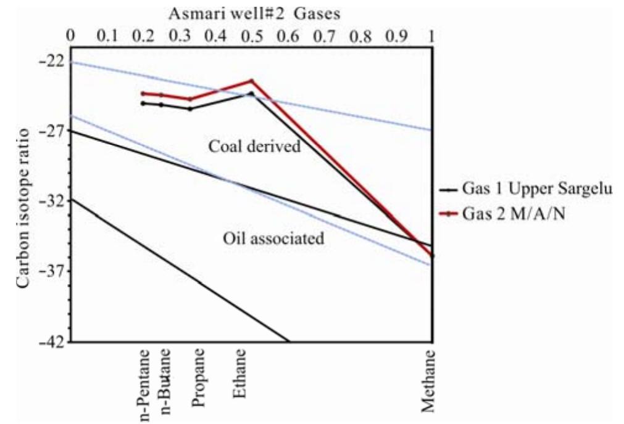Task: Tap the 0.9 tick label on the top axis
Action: [x=396, y=36]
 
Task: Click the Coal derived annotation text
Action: [x=254, y=147]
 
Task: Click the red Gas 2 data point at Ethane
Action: [x=251, y=81]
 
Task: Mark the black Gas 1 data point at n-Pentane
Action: [x=143, y=103]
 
